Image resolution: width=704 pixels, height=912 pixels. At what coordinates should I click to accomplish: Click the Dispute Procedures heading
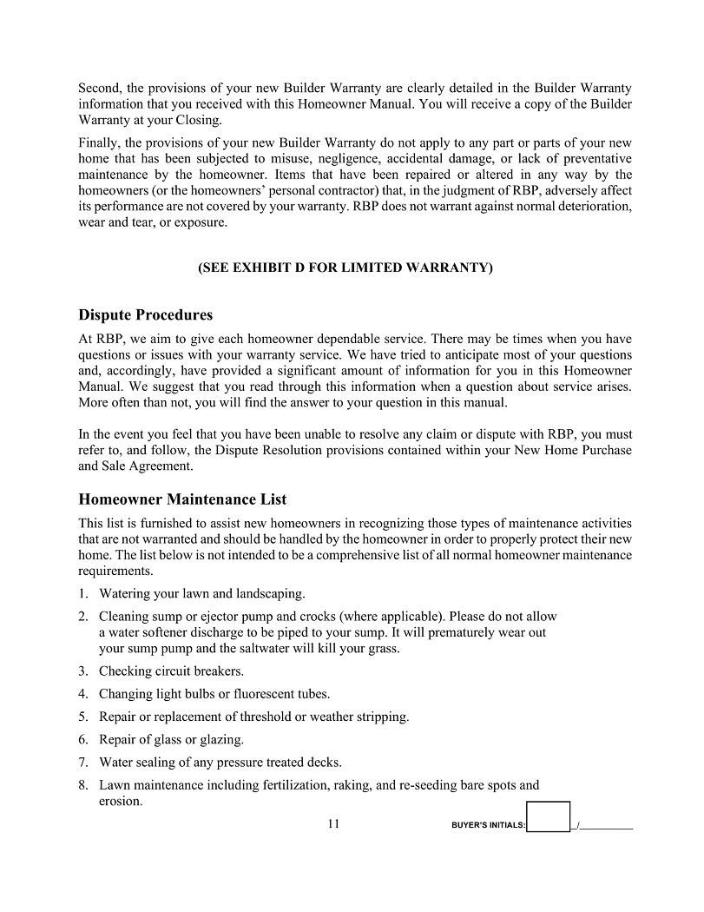pyautogui.click(x=145, y=314)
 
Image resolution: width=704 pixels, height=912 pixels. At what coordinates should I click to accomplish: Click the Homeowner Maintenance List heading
pyautogui.click(x=182, y=499)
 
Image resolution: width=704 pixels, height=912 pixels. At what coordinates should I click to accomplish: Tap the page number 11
pyautogui.click(x=333, y=823)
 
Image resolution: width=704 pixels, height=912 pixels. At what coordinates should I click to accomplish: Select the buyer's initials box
pyautogui.click(x=549, y=816)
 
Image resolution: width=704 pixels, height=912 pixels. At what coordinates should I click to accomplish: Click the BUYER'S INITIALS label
pyautogui.click(x=489, y=825)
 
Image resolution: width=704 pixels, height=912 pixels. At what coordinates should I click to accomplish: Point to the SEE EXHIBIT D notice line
pyautogui.click(x=345, y=268)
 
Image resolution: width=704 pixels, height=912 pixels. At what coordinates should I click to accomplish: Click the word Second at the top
pyautogui.click(x=100, y=89)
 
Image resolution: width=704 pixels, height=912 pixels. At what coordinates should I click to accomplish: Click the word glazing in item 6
pyautogui.click(x=222, y=740)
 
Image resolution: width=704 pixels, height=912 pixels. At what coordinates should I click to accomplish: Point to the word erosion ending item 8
pyautogui.click(x=120, y=801)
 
